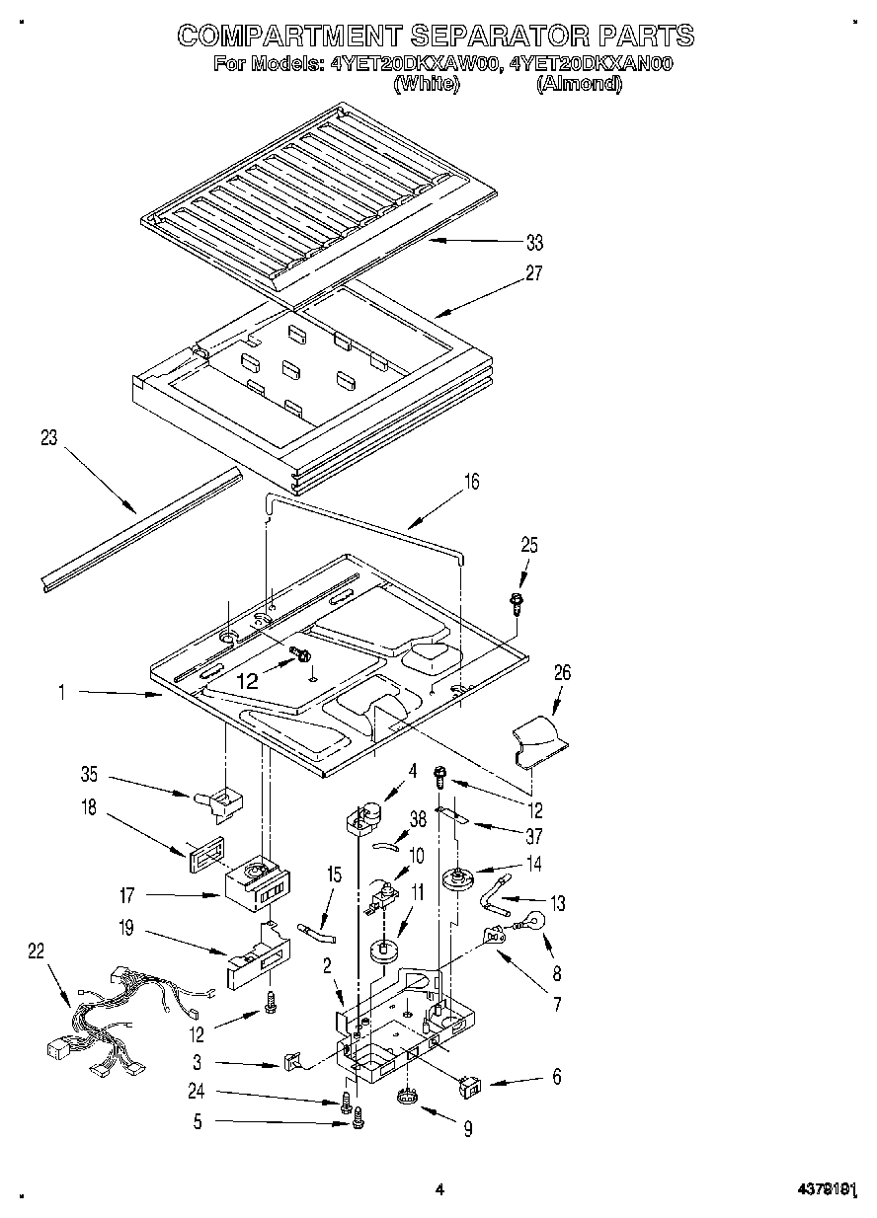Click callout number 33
pos(534,243)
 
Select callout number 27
pos(534,274)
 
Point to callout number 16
pos(471,482)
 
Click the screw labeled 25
pos(517,602)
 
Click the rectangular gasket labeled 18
pos(201,850)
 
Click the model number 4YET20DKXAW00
pos(416,64)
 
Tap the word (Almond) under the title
pos(580,85)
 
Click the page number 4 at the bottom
pos(439,1190)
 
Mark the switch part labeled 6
pos(470,1087)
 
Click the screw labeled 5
pos(359,1117)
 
